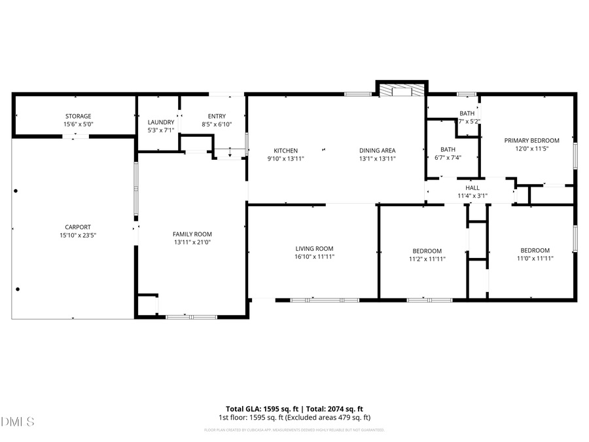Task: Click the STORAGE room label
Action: (x=77, y=116)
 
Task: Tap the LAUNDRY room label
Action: (x=160, y=122)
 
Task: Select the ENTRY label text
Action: (x=216, y=116)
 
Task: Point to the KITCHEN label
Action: (x=285, y=151)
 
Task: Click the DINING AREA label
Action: (x=377, y=151)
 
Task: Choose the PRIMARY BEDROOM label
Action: (x=531, y=140)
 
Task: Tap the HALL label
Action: (x=472, y=187)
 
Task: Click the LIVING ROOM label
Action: (x=314, y=248)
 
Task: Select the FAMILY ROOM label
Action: (x=192, y=234)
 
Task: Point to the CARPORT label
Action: (x=77, y=227)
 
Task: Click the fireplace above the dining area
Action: (x=402, y=90)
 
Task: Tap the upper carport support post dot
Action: (x=16, y=191)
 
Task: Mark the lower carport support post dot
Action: (x=18, y=289)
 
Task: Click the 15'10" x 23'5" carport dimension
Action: (x=77, y=235)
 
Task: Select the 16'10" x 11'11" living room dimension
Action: (x=314, y=257)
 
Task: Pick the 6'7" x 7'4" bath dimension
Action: (x=448, y=157)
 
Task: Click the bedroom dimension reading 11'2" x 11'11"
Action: (x=427, y=259)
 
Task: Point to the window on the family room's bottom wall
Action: (x=191, y=317)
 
